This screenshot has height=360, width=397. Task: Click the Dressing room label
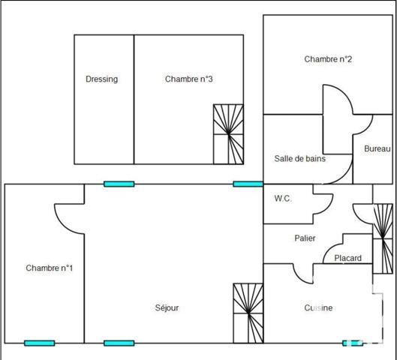pyautogui.click(x=101, y=79)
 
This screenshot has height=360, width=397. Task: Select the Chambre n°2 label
pyautogui.click(x=328, y=59)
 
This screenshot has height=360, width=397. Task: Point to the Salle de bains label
pyautogui.click(x=299, y=158)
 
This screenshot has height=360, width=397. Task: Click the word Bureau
pyautogui.click(x=377, y=149)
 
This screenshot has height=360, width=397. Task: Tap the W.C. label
pyautogui.click(x=283, y=199)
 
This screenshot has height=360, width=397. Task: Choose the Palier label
pyautogui.click(x=304, y=238)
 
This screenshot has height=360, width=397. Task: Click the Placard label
pyautogui.click(x=347, y=258)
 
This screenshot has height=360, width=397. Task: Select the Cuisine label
pyautogui.click(x=318, y=308)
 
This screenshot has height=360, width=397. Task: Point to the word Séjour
pyautogui.click(x=167, y=308)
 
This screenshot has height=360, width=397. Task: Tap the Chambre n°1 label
pyautogui.click(x=49, y=268)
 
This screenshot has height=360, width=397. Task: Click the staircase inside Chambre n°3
pyautogui.click(x=229, y=133)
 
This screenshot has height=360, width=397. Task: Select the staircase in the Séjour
pyautogui.click(x=248, y=312)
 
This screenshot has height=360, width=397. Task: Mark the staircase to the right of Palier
pyautogui.click(x=383, y=238)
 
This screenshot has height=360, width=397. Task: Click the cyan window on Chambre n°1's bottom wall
pyautogui.click(x=39, y=343)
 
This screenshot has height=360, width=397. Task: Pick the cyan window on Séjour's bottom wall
pyautogui.click(x=119, y=343)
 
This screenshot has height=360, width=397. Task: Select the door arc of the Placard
pyautogui.click(x=334, y=244)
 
